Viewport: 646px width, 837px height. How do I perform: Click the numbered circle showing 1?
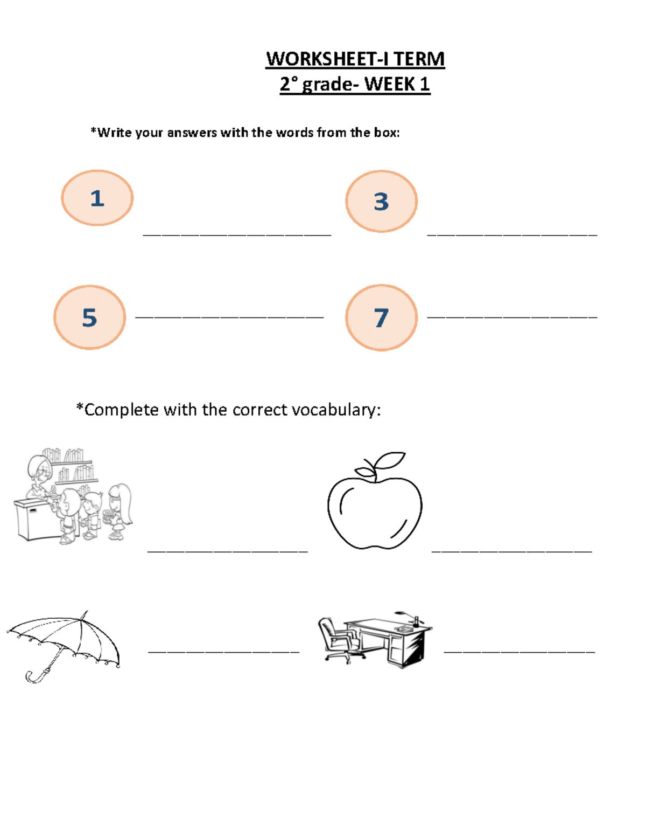[97, 198]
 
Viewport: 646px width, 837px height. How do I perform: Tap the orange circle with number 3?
[381, 201]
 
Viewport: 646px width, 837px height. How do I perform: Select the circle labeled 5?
[89, 317]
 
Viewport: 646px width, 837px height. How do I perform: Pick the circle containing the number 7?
[381, 317]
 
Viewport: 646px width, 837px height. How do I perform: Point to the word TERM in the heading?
[419, 59]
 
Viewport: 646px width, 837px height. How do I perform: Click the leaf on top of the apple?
[389, 460]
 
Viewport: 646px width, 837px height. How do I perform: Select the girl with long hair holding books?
[120, 509]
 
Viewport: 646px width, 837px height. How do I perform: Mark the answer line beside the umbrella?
[223, 652]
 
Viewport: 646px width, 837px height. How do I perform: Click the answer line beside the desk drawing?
[519, 652]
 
